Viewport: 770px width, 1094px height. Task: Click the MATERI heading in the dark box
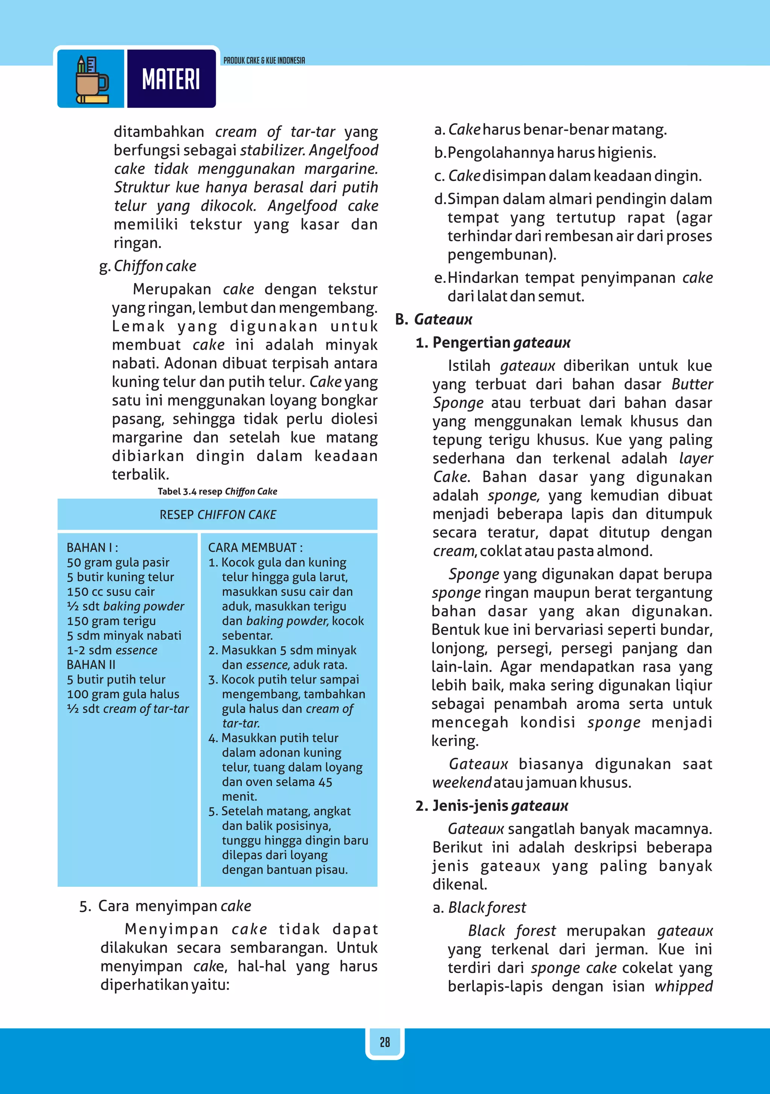coord(171,79)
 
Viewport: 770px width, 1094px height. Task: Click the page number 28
coord(385,1042)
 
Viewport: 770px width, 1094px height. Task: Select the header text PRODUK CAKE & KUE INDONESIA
coord(264,61)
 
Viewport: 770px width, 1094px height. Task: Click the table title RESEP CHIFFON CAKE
coord(218,514)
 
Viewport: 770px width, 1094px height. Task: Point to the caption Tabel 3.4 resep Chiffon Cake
coord(217,491)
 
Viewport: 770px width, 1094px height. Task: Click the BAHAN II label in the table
coord(91,664)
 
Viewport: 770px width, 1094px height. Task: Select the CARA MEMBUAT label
coord(255,548)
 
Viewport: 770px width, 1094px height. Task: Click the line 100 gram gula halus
coord(123,694)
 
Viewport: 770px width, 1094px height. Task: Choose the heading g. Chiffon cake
coord(148,266)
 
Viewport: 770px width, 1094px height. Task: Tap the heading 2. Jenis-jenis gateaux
coord(492,806)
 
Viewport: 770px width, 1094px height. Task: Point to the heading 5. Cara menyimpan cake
coord(165,906)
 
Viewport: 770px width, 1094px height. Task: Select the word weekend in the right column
coord(461,782)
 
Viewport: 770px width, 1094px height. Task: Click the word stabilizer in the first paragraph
coord(272,150)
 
